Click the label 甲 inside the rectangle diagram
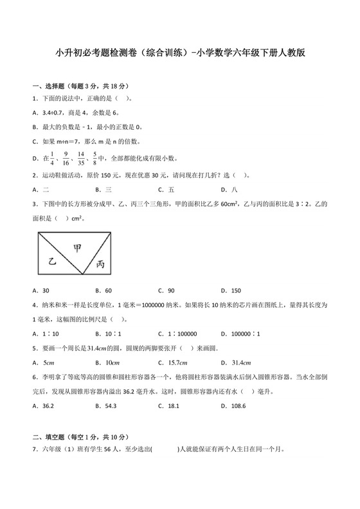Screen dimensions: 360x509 [x=77, y=247]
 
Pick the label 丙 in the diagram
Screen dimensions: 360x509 [x=100, y=263]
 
